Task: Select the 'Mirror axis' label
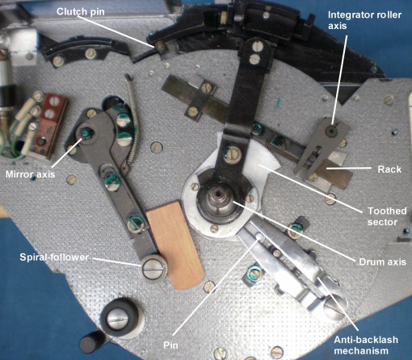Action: point(30,174)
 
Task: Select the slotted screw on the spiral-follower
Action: point(153,263)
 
